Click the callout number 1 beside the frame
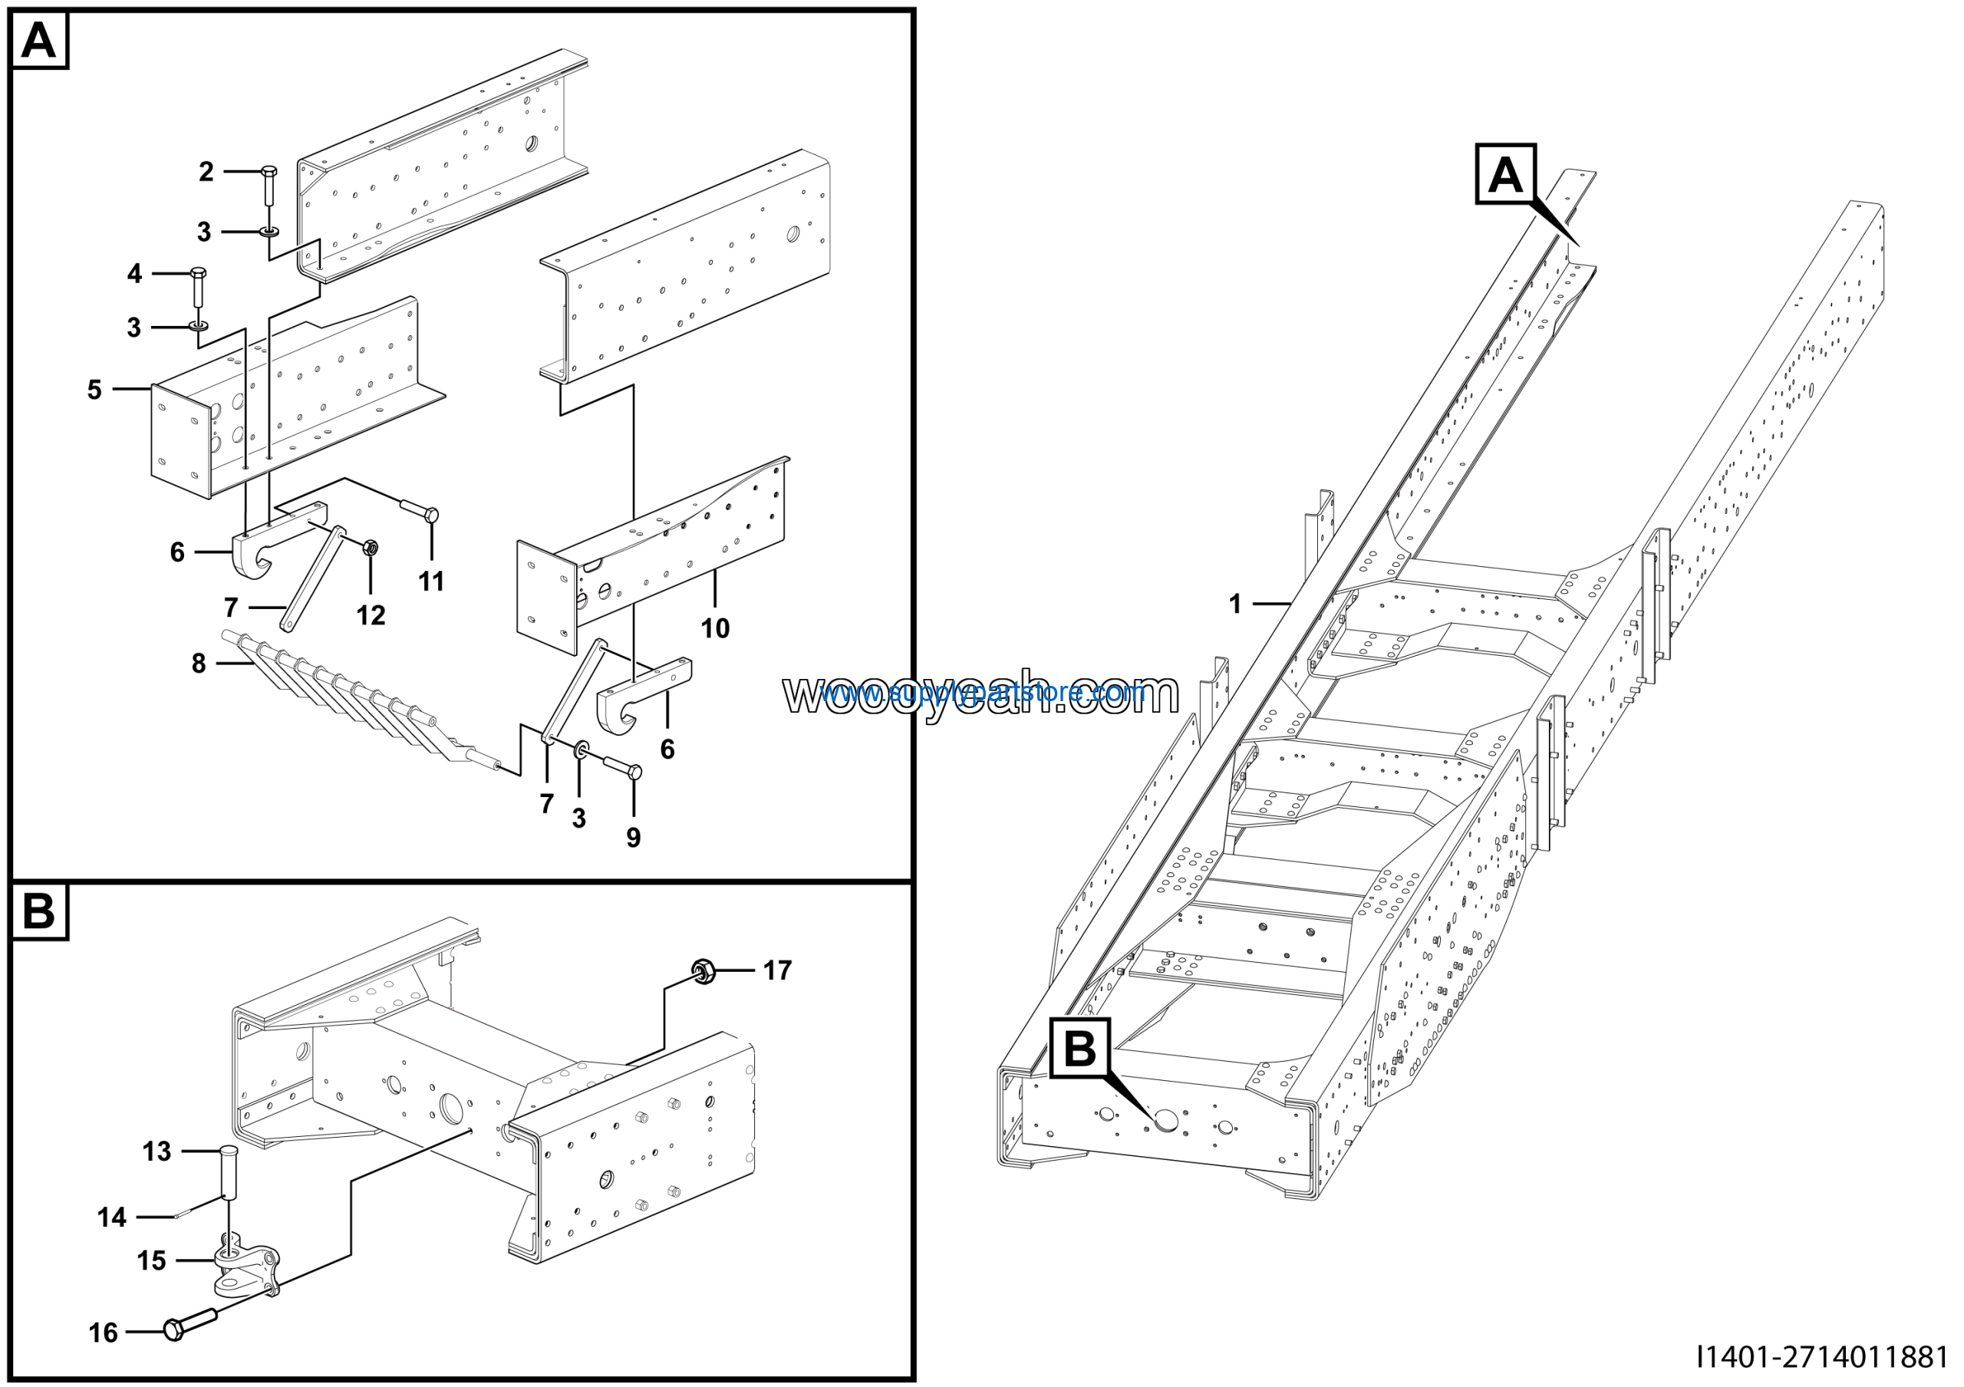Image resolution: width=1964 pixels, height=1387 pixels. [x=1234, y=605]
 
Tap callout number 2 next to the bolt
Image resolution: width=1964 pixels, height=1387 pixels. [x=206, y=172]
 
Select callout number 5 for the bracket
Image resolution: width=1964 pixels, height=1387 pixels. [x=94, y=390]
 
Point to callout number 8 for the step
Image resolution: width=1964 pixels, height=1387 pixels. [x=199, y=663]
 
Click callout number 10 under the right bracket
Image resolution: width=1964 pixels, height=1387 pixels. [x=715, y=628]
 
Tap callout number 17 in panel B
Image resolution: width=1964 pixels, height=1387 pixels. [x=776, y=970]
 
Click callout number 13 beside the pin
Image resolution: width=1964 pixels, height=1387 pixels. [x=157, y=1151]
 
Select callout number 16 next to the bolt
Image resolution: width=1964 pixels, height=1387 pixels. [x=104, y=1333]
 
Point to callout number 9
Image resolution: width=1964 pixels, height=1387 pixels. [x=633, y=837]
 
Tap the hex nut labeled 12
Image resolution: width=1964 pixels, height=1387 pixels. [x=371, y=547]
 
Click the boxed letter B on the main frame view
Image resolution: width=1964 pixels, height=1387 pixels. [x=1079, y=1049]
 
